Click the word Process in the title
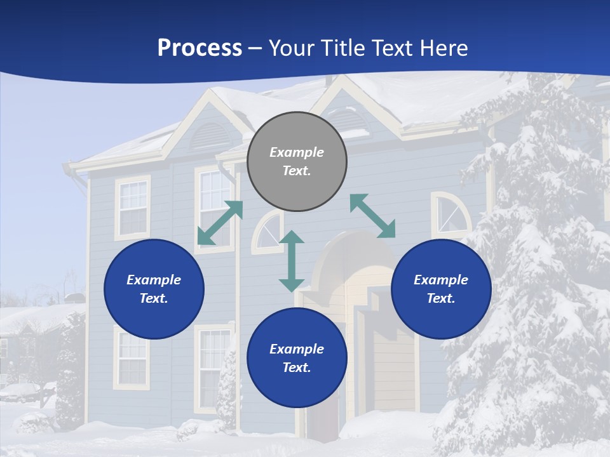click(200, 48)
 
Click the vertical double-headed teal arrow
click(292, 261)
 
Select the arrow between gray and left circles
click(220, 223)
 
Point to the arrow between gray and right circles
click(372, 216)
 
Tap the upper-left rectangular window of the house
click(133, 208)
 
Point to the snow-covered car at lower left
click(19, 392)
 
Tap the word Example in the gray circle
click(297, 152)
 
